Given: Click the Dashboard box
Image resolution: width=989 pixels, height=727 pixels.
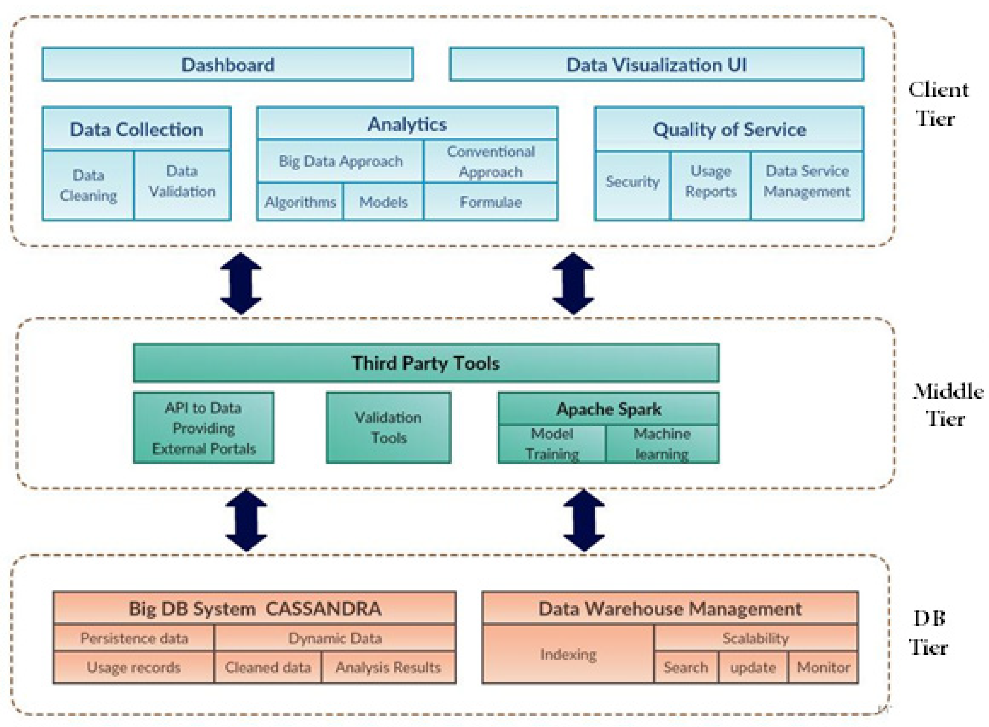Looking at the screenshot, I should tap(227, 65).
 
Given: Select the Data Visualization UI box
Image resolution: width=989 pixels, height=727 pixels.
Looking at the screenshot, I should tap(656, 65).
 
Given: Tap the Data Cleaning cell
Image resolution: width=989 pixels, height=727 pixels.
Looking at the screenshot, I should tap(88, 185).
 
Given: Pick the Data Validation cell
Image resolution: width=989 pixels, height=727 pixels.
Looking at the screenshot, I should tap(182, 181).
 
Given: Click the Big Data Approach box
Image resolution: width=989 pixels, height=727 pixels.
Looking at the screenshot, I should tap(340, 161).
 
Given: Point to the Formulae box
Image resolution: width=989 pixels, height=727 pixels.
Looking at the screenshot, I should tap(490, 202).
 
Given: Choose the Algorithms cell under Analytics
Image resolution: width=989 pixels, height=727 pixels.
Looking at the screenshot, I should tap(300, 202).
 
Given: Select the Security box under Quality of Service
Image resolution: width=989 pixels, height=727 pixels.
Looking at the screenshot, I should tap(632, 182).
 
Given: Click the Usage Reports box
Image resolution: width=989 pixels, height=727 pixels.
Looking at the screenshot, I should tap(710, 181).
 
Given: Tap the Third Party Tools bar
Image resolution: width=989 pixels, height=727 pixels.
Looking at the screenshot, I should tap(426, 363).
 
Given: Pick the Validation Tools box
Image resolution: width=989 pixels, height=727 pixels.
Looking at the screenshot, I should tap(388, 427).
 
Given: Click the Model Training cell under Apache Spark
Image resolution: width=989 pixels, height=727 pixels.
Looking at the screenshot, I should tap(552, 444).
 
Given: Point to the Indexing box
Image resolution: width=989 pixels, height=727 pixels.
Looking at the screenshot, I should tap(568, 654).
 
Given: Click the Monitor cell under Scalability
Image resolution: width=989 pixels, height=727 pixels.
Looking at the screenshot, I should tap(823, 667).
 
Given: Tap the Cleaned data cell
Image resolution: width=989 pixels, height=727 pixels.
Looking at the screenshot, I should tap(268, 667).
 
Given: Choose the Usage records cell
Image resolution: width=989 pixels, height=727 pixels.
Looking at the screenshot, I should tap(134, 667).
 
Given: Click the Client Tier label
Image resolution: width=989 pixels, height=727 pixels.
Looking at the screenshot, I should tap(937, 104).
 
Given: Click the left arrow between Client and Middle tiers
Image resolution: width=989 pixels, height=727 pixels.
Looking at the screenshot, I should tap(241, 283).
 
